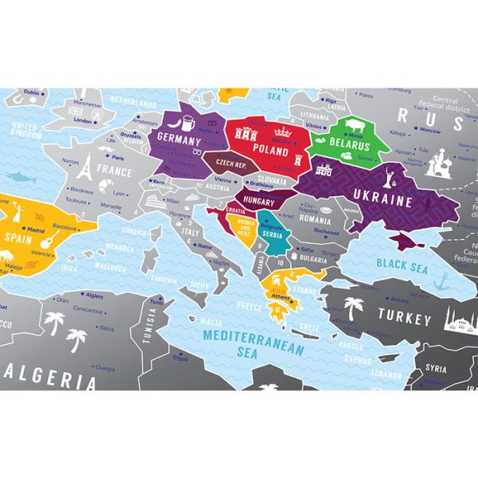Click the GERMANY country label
[x=177, y=137]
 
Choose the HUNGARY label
[x=260, y=200]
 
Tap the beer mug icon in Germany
[x=186, y=122]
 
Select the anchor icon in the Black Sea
[x=440, y=281]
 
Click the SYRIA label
[x=436, y=369]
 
